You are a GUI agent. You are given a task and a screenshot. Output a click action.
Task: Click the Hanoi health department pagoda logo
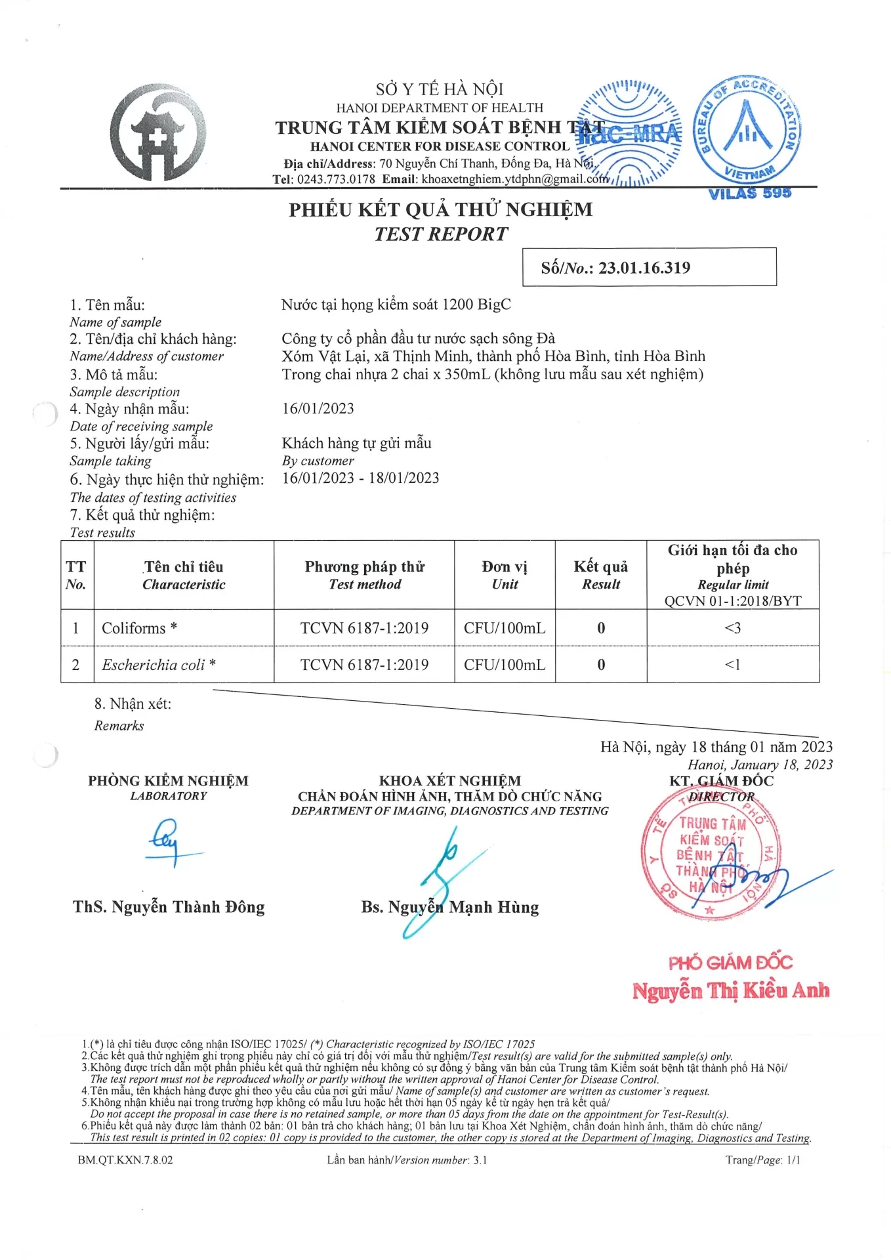(x=158, y=133)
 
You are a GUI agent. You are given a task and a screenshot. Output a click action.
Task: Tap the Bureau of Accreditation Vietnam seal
(x=747, y=129)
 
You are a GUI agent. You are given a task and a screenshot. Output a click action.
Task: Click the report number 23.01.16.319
(x=644, y=268)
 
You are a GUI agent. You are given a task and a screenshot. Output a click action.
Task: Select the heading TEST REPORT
(x=441, y=234)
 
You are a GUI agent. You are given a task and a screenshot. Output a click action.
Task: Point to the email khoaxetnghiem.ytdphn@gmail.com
(x=515, y=179)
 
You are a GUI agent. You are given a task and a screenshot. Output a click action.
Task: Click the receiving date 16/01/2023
(x=318, y=409)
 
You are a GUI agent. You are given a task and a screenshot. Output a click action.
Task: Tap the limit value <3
(x=732, y=628)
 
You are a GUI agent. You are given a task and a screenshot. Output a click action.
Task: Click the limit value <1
(x=732, y=665)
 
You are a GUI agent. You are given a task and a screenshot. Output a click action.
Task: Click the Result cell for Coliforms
(x=601, y=628)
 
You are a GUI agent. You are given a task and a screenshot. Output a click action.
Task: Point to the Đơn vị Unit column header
(x=505, y=575)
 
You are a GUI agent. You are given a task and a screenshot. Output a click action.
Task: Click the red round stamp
(x=710, y=852)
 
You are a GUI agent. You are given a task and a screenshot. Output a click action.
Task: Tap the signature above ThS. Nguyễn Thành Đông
(x=167, y=842)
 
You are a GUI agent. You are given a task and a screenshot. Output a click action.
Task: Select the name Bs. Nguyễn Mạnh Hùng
(x=450, y=908)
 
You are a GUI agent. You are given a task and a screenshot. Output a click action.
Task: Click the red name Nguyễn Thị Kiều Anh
(x=730, y=990)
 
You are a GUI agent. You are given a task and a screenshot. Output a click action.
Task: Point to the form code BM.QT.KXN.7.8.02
(x=125, y=1160)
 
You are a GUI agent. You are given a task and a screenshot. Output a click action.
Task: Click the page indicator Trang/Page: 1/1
(x=762, y=1160)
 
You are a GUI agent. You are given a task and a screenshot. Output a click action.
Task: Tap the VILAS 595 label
(x=750, y=193)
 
